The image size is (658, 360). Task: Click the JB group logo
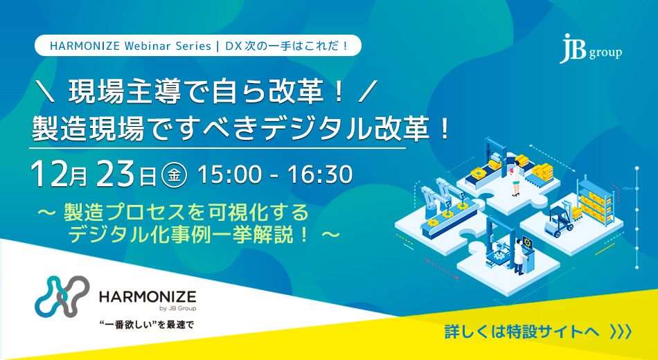pyautogui.click(x=590, y=48)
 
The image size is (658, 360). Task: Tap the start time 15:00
pyautogui.click(x=229, y=174)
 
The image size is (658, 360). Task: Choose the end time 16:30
pyautogui.click(x=320, y=174)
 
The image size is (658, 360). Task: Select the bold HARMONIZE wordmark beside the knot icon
pyautogui.click(x=148, y=297)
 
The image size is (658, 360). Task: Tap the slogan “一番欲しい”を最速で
pyautogui.click(x=145, y=325)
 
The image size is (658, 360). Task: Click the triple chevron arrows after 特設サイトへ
pyautogui.click(x=621, y=332)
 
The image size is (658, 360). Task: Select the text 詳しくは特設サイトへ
pyautogui.click(x=521, y=332)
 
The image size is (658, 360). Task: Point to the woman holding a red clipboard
pyautogui.click(x=515, y=181)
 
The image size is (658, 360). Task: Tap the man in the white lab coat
pyautogui.click(x=519, y=256)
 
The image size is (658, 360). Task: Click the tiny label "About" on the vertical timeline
pyautogui.click(x=628, y=188)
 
